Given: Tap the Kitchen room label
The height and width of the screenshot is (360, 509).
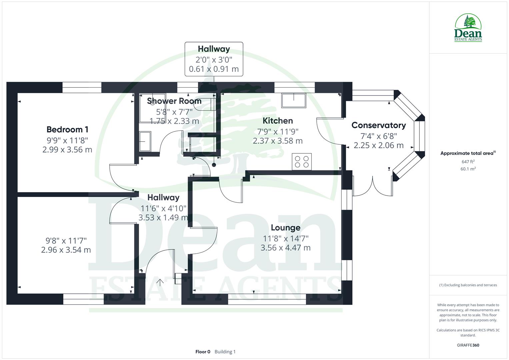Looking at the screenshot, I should point(278,121).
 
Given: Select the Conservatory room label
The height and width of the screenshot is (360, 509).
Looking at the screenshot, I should point(379,125).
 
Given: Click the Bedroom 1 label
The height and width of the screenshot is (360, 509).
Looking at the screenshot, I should point(67,129).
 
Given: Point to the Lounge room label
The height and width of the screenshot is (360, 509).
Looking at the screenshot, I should point(286,228).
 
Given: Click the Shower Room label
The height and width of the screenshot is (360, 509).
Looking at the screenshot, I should point(174,101).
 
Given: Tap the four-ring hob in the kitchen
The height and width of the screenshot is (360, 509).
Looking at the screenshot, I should point(302,162).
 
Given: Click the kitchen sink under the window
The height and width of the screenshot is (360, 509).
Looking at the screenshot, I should point(294,100).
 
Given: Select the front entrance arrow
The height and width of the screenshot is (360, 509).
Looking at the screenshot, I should point(160,283).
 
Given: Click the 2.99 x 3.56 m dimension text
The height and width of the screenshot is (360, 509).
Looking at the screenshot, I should point(67,150).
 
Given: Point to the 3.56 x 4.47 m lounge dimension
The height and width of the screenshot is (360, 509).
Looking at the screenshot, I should point(286,248).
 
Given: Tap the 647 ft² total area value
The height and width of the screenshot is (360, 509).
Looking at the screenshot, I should point(468,162).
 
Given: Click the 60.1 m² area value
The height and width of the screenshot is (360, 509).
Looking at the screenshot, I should point(468,169).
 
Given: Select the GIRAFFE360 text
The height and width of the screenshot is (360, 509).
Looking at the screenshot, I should point(468,345).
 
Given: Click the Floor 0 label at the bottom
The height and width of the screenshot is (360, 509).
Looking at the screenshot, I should point(203,352).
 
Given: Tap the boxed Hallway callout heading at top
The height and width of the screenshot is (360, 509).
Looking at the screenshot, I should point(214,49).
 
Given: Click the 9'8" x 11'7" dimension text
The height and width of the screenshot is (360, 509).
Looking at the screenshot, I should point(66,240).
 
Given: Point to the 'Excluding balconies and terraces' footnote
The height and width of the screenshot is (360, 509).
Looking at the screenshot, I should point(468,285).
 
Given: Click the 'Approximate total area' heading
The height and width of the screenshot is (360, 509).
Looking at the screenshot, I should point(467,153).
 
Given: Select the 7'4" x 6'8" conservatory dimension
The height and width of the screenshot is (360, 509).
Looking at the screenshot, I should point(379,136).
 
